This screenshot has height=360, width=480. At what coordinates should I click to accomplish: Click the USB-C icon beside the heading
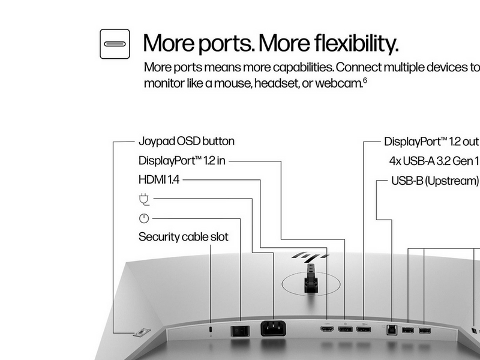[x=115, y=44]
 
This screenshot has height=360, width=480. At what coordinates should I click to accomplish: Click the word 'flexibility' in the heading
[x=356, y=43]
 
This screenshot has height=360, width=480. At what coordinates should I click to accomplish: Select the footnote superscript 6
[x=365, y=80]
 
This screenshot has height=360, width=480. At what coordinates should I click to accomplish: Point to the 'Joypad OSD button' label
[x=187, y=142]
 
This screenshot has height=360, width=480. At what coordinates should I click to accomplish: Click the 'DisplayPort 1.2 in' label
[x=182, y=161]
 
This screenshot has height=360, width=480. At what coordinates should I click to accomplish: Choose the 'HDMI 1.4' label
[x=159, y=179]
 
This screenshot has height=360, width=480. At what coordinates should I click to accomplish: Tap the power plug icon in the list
[x=144, y=199]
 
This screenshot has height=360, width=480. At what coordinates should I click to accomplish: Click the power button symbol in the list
[x=144, y=218]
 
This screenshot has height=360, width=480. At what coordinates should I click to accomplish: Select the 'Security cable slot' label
[x=184, y=237]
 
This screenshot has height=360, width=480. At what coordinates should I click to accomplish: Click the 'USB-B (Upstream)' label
[x=435, y=181]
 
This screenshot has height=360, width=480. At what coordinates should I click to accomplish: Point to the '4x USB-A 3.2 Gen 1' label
[x=434, y=161]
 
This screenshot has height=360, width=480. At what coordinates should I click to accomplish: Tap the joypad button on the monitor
[x=142, y=332]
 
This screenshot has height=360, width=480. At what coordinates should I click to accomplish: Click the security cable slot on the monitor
[x=211, y=329]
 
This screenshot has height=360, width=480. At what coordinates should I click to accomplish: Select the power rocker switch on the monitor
[x=240, y=331]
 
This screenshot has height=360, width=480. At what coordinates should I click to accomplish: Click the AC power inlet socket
[x=273, y=328]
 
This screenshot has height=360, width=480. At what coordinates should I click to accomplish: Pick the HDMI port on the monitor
[x=327, y=329]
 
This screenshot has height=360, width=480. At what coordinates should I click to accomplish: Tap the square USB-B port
[x=392, y=329]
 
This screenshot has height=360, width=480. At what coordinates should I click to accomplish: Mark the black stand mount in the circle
[x=311, y=279]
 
